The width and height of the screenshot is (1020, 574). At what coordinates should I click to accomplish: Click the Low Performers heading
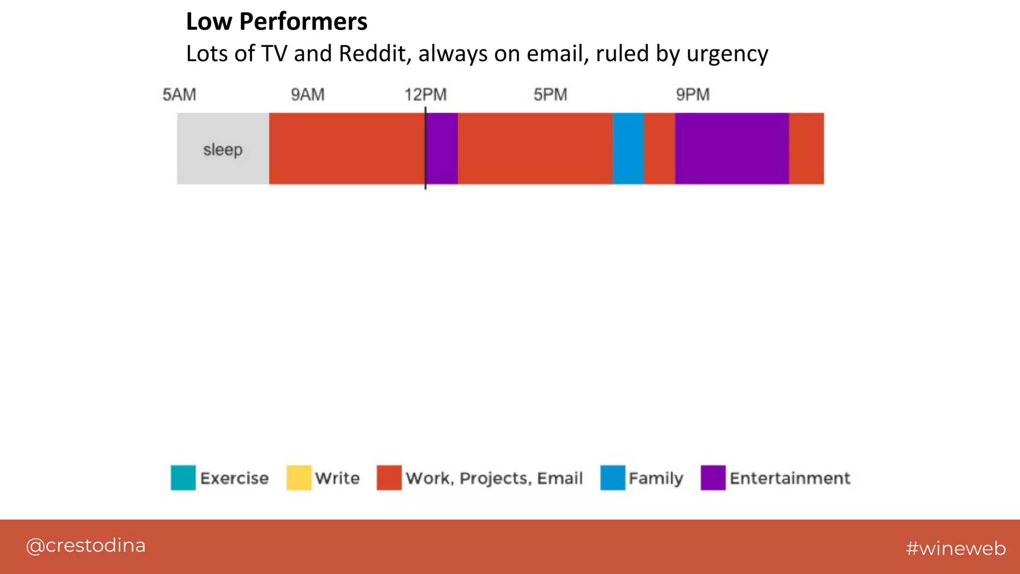(276, 22)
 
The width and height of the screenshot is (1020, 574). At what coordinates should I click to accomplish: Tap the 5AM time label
(179, 95)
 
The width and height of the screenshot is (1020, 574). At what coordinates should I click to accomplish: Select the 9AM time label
(308, 95)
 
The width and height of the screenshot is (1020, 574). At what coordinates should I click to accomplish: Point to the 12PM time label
(425, 95)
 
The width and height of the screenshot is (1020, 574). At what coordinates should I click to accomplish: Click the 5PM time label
(550, 95)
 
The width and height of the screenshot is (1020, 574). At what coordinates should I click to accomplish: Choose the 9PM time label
(693, 95)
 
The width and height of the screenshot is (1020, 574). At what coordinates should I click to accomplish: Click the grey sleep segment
(223, 149)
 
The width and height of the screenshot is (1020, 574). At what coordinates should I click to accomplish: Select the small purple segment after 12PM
(442, 149)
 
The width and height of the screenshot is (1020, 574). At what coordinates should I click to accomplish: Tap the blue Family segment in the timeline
(628, 149)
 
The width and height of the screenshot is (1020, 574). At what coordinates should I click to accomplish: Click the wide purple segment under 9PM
(732, 149)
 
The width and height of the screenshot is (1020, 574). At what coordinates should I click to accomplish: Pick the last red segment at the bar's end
(806, 149)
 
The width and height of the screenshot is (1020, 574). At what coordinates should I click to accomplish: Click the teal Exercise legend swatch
(183, 478)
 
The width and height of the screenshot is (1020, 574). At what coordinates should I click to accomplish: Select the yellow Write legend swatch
(299, 478)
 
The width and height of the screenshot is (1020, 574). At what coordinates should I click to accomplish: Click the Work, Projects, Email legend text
(494, 478)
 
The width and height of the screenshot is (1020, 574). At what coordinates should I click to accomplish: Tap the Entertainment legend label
(790, 478)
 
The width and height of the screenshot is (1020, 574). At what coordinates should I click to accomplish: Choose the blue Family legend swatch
(613, 478)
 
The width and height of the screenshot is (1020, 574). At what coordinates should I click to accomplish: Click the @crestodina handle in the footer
(86, 546)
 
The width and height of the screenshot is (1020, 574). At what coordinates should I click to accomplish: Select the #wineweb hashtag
(956, 549)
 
